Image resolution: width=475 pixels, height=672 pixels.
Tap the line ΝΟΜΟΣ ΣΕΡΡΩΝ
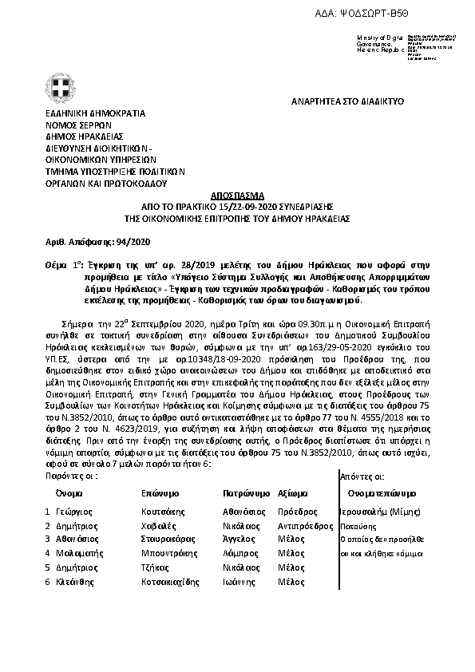[x=78, y=125]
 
